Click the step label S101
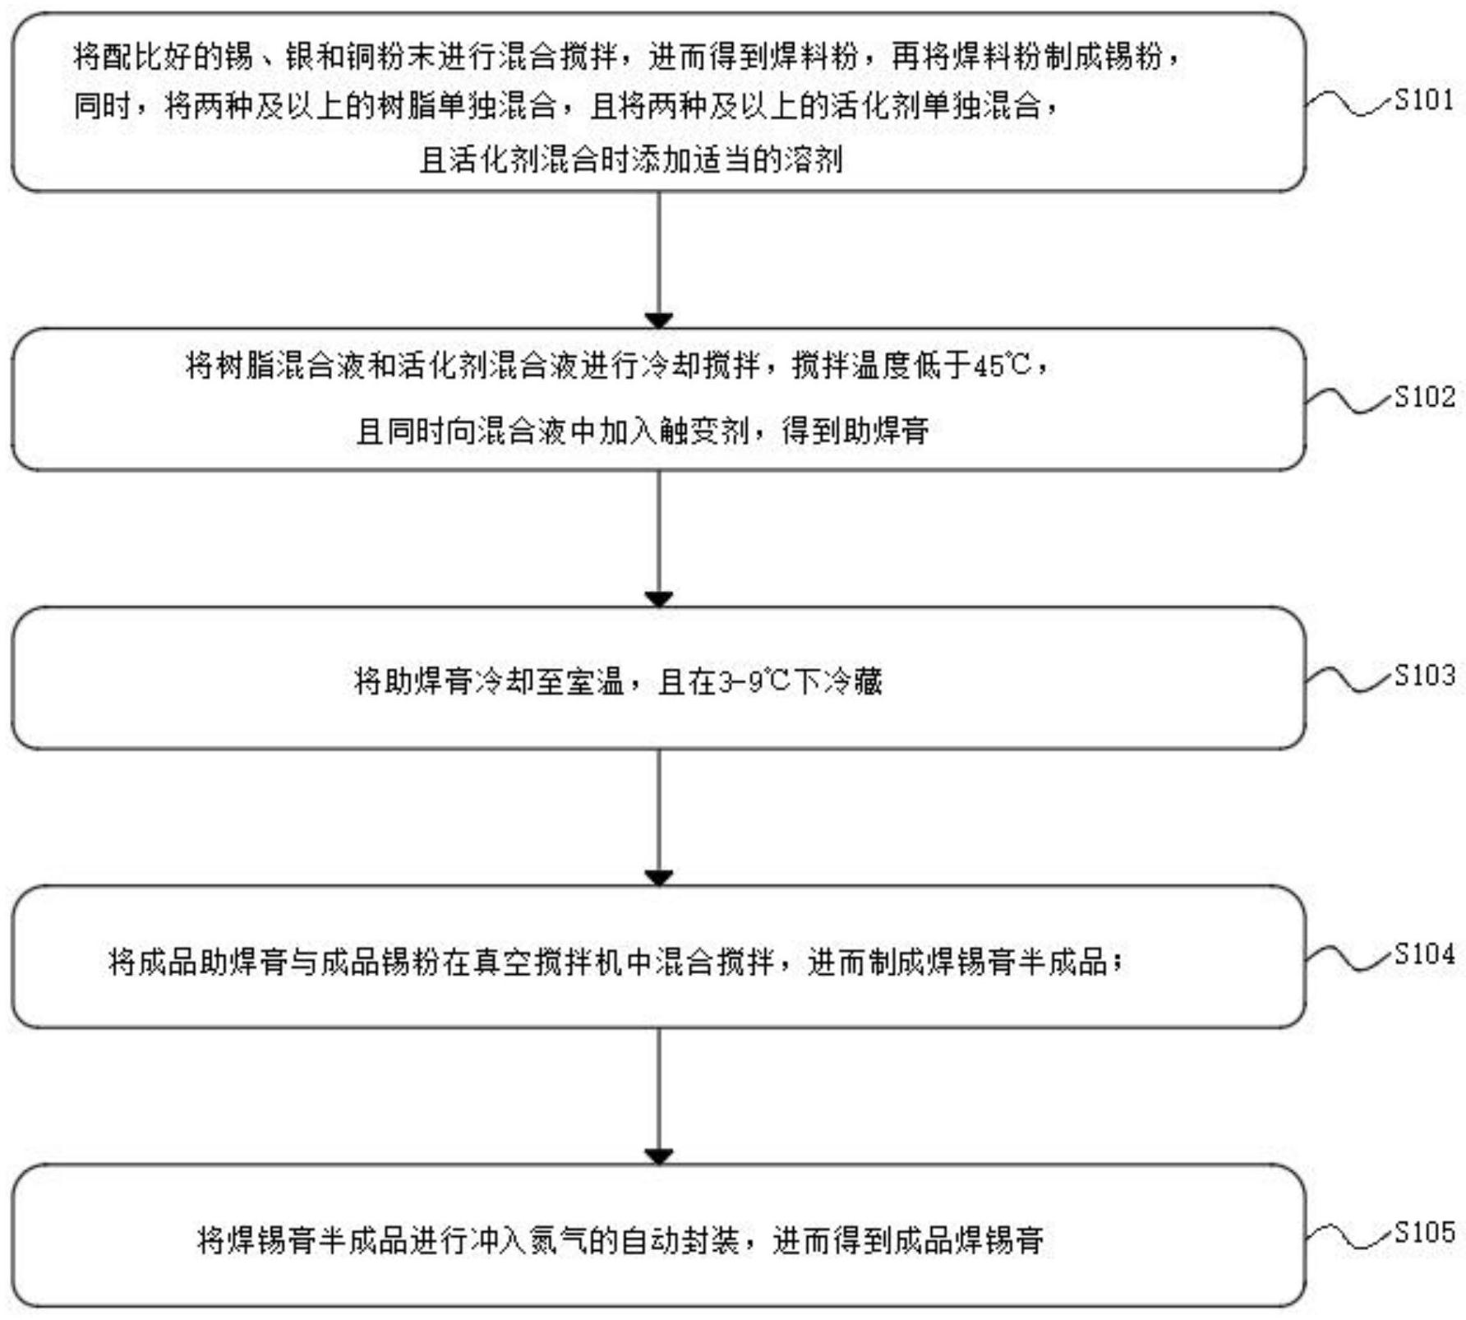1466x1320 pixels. click(x=1425, y=100)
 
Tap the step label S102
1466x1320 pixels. click(x=1425, y=397)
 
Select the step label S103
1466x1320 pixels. click(x=1425, y=676)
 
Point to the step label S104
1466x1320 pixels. click(x=1425, y=954)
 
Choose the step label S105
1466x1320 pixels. click(x=1425, y=1233)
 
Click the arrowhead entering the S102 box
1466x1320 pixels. click(x=659, y=321)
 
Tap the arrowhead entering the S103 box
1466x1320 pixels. click(x=659, y=599)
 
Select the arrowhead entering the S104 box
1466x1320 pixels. click(x=659, y=878)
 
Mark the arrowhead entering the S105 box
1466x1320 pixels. click(x=659, y=1156)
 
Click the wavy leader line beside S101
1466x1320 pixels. click(x=1350, y=103)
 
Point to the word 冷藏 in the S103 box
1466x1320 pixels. click(x=852, y=681)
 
